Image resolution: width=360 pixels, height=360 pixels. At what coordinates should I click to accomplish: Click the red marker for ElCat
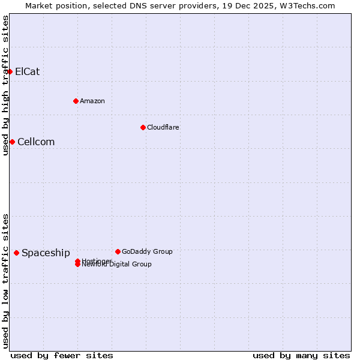(10, 72)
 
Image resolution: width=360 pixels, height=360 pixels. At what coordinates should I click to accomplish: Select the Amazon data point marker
(76, 101)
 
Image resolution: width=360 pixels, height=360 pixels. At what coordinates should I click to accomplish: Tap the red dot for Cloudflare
(143, 127)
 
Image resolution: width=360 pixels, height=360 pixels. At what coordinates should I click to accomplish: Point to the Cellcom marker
(12, 142)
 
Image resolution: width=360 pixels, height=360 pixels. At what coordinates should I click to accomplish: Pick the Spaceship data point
(16, 253)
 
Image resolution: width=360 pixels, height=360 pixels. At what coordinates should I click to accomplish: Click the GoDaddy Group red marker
(118, 251)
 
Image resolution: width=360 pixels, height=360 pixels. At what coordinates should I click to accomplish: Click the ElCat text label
(28, 72)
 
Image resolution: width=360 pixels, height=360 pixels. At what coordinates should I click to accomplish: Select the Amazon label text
(92, 101)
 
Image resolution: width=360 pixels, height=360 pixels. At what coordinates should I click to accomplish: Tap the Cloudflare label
(163, 127)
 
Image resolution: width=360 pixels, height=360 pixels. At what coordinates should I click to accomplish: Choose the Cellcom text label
(36, 142)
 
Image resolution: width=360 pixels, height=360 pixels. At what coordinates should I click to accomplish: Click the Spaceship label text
(46, 253)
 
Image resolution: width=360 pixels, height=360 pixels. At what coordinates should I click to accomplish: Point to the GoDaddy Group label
(147, 251)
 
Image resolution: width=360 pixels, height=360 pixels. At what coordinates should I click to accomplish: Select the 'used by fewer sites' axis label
(62, 355)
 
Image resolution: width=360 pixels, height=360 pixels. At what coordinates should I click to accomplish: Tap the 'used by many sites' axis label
(301, 355)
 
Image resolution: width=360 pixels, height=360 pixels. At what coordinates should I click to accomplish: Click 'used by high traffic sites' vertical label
(6, 85)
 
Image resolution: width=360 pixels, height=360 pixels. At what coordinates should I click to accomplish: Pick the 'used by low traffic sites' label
(6, 281)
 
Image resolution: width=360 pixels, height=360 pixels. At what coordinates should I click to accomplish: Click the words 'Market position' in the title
(53, 5)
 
